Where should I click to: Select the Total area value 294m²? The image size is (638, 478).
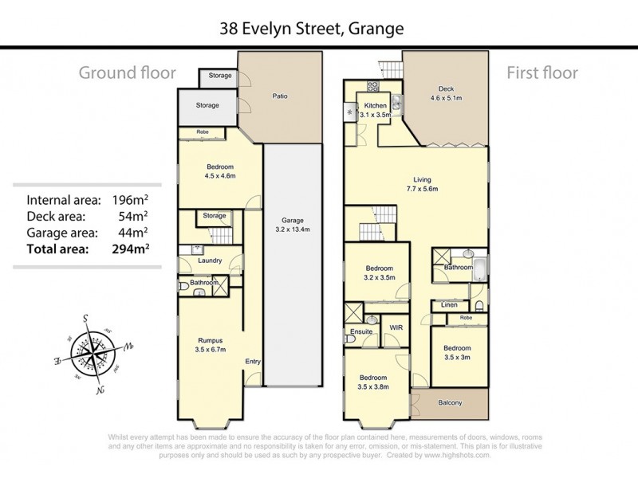(x=132, y=249)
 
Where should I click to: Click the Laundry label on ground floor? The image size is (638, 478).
(x=210, y=261)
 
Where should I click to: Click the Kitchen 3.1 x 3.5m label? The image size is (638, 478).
(x=375, y=110)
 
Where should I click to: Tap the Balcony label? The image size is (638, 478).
(x=451, y=402)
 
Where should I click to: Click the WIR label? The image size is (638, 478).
(x=393, y=328)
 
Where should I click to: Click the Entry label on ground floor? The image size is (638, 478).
(x=253, y=362)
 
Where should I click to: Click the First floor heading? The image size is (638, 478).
(x=542, y=73)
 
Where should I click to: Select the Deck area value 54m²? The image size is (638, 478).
(x=139, y=216)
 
